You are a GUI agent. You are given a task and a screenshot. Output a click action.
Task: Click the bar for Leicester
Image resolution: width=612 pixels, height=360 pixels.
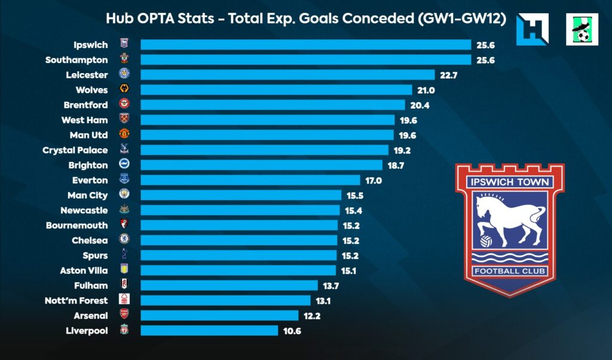287,75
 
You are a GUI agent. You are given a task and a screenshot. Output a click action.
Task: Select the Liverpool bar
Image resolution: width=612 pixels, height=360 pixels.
209,330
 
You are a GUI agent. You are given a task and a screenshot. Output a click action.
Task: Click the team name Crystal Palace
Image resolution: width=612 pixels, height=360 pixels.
75,150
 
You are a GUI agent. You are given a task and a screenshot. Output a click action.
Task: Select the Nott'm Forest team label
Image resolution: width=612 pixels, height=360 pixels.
76,300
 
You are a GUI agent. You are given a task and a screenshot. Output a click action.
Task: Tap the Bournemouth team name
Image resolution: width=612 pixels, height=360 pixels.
77,225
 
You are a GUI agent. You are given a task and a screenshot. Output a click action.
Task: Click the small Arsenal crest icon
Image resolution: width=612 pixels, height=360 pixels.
124,315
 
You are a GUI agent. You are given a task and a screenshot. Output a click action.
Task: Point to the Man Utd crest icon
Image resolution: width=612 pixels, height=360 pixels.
124,135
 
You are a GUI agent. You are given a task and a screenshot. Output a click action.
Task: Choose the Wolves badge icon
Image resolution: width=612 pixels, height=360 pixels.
124,90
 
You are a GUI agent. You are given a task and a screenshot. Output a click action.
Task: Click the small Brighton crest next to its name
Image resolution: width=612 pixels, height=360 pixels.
124,165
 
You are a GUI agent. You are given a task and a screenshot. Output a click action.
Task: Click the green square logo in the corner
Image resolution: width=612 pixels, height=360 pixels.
582,29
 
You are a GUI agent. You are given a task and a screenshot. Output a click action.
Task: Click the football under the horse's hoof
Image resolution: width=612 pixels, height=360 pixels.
486,241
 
